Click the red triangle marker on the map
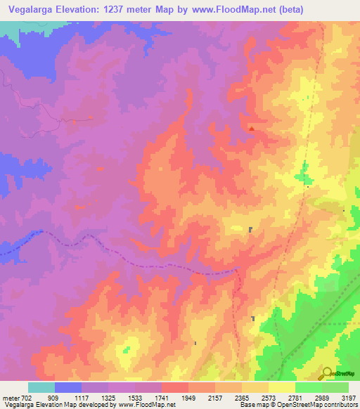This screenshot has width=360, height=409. [252, 129]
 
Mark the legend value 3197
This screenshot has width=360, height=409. [349, 397]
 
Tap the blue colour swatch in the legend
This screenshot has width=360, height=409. [68, 387]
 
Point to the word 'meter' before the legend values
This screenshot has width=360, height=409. [10, 397]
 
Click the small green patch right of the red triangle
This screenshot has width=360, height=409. [304, 171]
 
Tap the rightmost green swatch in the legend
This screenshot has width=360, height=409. [335, 387]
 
